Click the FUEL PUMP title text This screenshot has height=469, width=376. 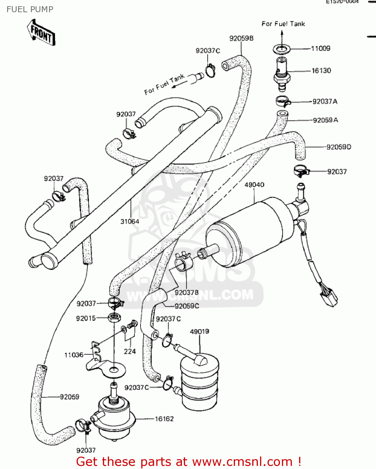coord(30,9)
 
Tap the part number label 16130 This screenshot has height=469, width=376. coord(321,71)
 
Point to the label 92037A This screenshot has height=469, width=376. coord(325,102)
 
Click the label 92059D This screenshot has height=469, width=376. coord(338,147)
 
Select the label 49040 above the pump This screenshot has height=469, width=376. coord(254,185)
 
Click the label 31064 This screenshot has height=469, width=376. coord(130,222)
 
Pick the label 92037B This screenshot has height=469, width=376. coord(186,293)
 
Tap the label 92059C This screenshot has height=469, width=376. coord(187,306)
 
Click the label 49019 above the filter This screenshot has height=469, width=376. coord(199,331)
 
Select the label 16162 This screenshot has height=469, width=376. coord(164,419)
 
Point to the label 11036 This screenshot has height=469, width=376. coord(74,355)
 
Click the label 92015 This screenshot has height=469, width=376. coord(86,318)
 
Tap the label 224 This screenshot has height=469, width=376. coord(130,351)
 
